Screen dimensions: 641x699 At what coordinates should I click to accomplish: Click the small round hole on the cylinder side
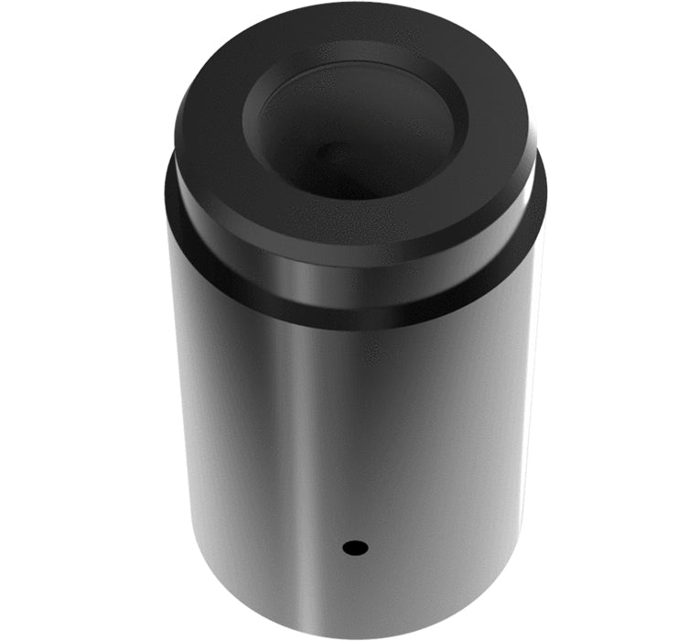(355, 548)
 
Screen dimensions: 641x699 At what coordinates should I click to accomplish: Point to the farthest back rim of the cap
(357, 6)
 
